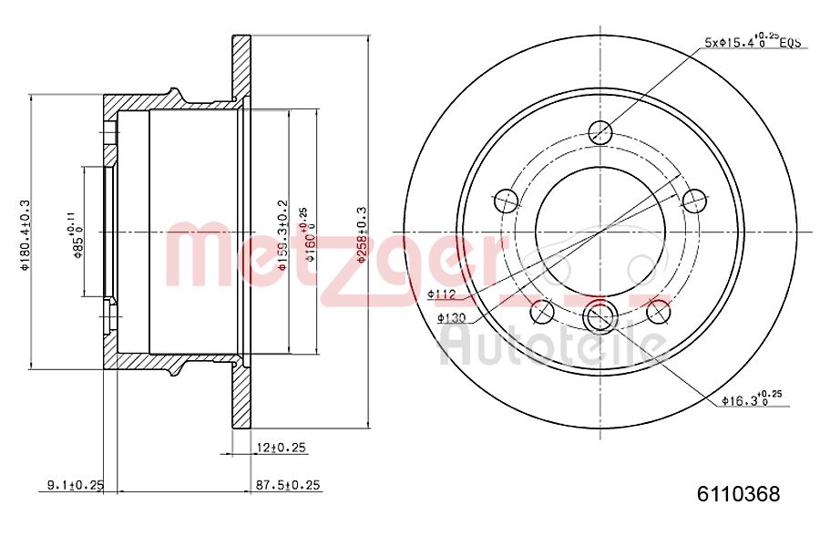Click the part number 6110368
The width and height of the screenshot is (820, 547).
point(738,495)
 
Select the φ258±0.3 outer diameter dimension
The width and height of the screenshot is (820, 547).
point(361,234)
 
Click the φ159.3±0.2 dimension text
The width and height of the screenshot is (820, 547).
point(282,236)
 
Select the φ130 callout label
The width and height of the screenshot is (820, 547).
point(451,317)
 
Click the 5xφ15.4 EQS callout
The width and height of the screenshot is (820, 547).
point(752,41)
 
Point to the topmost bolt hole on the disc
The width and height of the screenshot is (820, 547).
point(600,132)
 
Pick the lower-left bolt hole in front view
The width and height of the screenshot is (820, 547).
point(542,312)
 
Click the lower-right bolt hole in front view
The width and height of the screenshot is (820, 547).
point(658,312)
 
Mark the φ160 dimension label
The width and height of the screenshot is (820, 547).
point(310,235)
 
